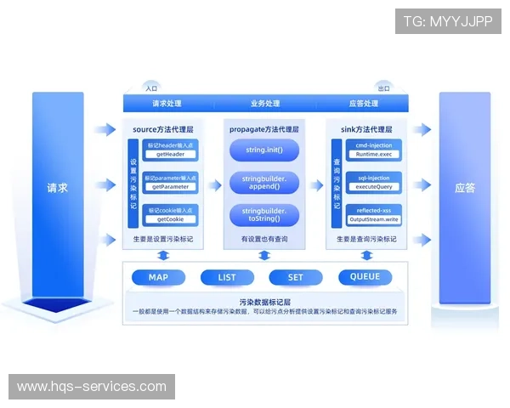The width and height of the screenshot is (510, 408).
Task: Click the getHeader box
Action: (x=171, y=155)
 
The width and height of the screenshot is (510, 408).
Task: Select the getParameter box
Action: (x=171, y=186)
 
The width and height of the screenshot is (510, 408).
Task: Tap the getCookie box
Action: (x=171, y=218)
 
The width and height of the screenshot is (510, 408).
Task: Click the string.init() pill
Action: (x=264, y=150)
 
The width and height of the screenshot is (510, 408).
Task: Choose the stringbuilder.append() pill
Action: (x=264, y=182)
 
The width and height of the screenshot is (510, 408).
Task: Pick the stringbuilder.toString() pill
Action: (x=264, y=214)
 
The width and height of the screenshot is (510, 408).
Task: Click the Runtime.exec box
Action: (x=373, y=155)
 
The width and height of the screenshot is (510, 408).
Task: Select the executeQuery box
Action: (x=373, y=186)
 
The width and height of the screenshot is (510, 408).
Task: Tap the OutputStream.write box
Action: (x=373, y=218)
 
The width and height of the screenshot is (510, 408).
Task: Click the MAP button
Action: (x=159, y=277)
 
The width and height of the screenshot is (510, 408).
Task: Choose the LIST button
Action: (x=227, y=277)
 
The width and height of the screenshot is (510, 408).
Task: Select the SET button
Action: (x=295, y=277)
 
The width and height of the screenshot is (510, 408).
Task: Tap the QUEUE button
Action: (x=365, y=277)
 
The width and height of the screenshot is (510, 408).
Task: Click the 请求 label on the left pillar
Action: (x=57, y=188)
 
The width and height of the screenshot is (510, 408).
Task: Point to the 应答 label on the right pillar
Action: (x=464, y=188)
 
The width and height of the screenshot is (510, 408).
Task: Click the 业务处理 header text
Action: (x=264, y=104)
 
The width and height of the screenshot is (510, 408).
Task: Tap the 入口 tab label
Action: (x=151, y=88)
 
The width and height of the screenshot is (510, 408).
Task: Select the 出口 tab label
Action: (x=382, y=88)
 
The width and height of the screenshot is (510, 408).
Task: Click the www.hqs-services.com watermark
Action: (x=92, y=387)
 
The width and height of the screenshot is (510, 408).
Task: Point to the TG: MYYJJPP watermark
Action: (x=448, y=21)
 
